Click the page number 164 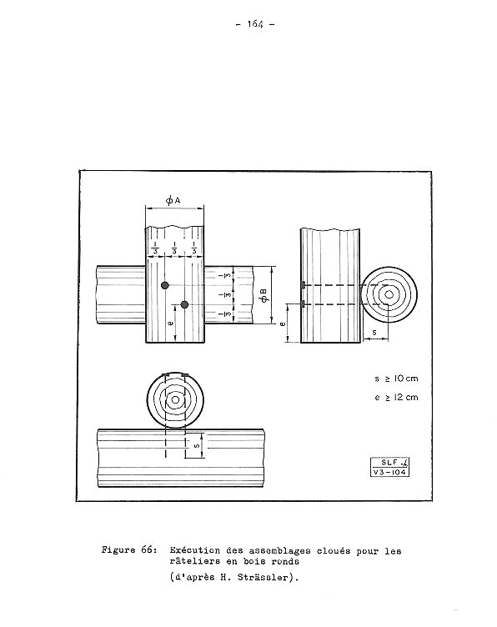255,24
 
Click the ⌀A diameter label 173,200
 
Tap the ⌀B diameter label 264,295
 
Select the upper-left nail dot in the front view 165,285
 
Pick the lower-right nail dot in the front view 184,304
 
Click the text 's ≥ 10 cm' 396,379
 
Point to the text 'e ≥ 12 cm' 396,397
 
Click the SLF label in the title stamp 389,462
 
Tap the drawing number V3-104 389,472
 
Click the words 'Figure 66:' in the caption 128,549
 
